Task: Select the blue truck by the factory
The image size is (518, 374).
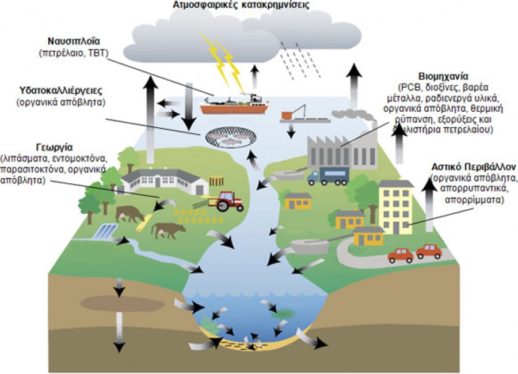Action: (329, 175)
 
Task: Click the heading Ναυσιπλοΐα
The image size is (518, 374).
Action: (74, 42)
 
